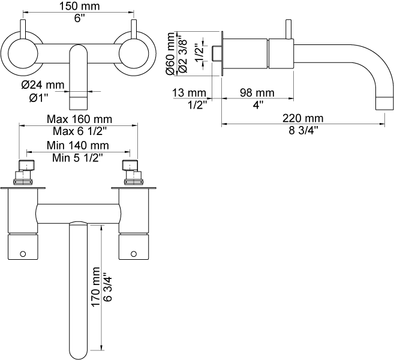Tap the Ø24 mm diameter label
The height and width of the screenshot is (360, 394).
click(x=43, y=85)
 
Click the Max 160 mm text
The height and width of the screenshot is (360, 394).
click(x=78, y=119)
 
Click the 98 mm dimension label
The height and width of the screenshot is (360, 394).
click(x=256, y=92)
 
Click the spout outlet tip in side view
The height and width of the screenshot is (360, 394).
click(x=383, y=102)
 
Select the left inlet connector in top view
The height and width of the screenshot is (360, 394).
click(x=26, y=172)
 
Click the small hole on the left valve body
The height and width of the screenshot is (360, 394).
click(x=23, y=254)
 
